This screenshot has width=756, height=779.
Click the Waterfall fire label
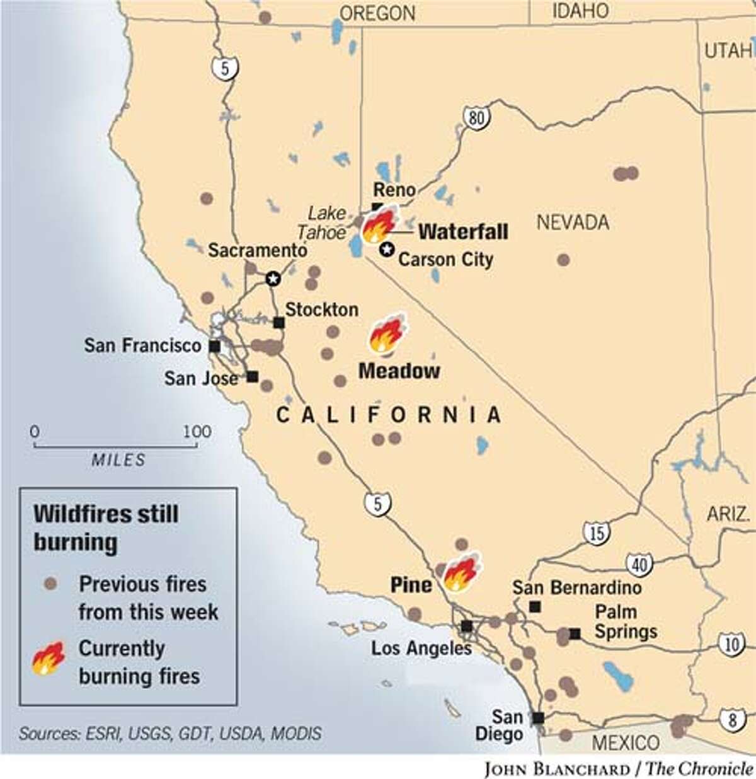[463, 231]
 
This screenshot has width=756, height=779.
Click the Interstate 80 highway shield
[476, 117]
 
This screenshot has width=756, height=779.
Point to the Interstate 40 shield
[639, 564]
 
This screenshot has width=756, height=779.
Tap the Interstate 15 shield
[596, 533]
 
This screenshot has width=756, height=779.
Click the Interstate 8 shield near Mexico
[732, 720]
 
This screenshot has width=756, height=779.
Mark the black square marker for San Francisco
[215, 346]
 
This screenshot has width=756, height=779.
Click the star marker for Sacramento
[273, 278]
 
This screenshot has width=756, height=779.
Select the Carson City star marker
[386, 250]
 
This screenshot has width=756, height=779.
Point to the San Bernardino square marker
[535, 607]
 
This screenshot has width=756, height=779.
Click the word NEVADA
[573, 222]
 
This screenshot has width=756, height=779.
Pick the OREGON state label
[377, 13]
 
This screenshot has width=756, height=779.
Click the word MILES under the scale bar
[118, 460]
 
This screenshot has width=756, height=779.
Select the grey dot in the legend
[50, 584]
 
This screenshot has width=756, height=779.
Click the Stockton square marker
[278, 323]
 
